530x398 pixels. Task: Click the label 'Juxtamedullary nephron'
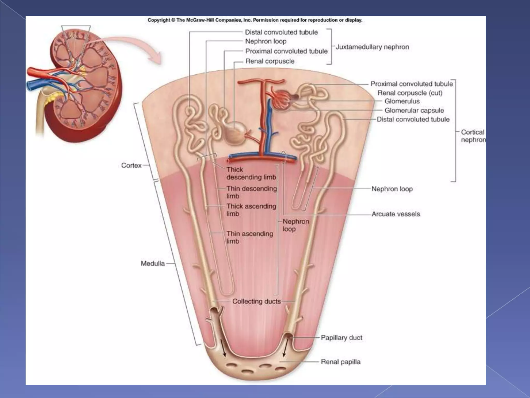tap(372, 47)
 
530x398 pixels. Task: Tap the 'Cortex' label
tap(131, 165)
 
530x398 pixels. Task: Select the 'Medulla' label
tap(153, 264)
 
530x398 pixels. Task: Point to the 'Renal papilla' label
tap(341, 362)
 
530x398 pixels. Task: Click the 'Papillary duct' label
tap(341, 338)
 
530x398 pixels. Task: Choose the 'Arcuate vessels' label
tap(396, 214)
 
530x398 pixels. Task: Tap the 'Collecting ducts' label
tap(256, 301)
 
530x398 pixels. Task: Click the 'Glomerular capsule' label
tap(414, 110)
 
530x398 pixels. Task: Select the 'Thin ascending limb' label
tap(250, 237)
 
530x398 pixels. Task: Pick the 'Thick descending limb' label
tap(251, 173)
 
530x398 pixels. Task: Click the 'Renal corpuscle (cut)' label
tap(410, 93)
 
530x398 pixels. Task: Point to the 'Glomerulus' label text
tap(402, 101)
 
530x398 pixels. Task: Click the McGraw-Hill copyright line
tap(255, 20)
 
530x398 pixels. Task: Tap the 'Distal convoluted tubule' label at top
tap(281, 32)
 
